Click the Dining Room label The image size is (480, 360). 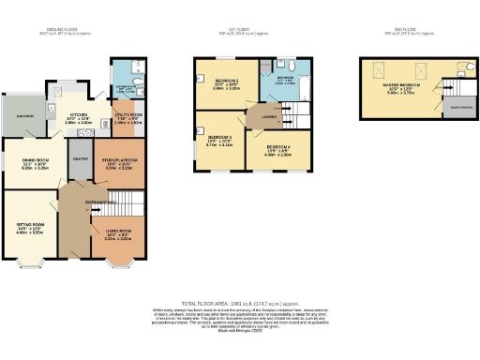point(35,163)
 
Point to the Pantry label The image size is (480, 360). point(80,159)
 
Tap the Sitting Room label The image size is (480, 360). point(31,228)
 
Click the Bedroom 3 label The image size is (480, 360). point(217,142)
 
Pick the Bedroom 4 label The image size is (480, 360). point(277,150)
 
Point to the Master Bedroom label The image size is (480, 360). point(404,89)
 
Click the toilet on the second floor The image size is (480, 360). point(464,68)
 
